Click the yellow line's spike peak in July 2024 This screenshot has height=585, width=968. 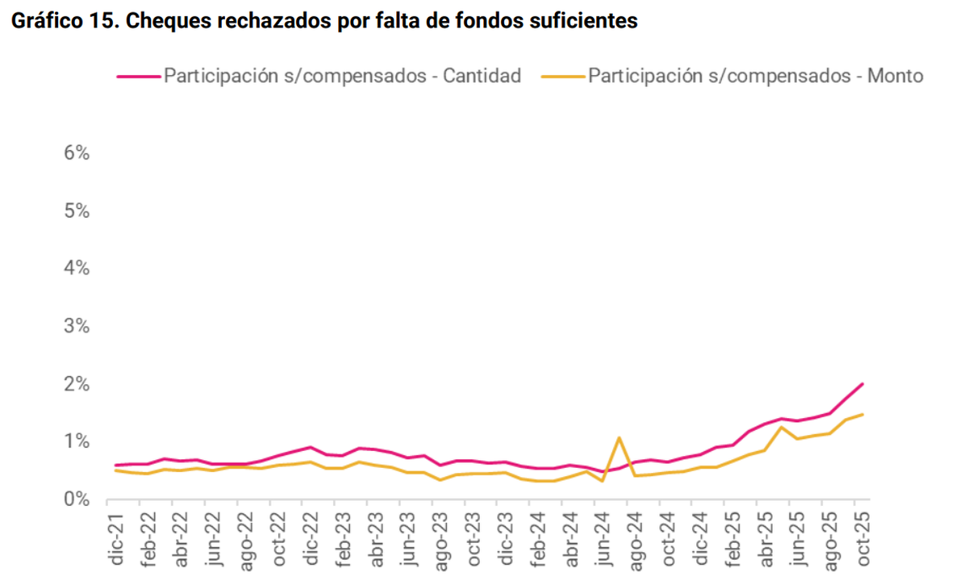618,437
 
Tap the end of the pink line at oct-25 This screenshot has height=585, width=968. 862,383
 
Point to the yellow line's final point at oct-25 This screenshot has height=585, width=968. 862,415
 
